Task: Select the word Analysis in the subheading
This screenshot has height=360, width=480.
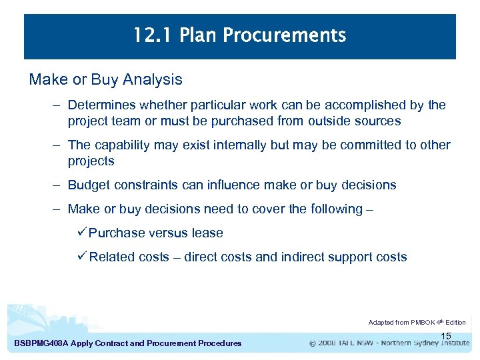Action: pyautogui.click(x=153, y=80)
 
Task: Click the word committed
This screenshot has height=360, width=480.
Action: pyautogui.click(x=370, y=145)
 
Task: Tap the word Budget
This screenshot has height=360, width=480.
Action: pyautogui.click(x=87, y=185)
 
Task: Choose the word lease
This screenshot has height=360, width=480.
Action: pyautogui.click(x=208, y=233)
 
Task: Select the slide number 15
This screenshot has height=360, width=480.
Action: pyautogui.click(x=446, y=336)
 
